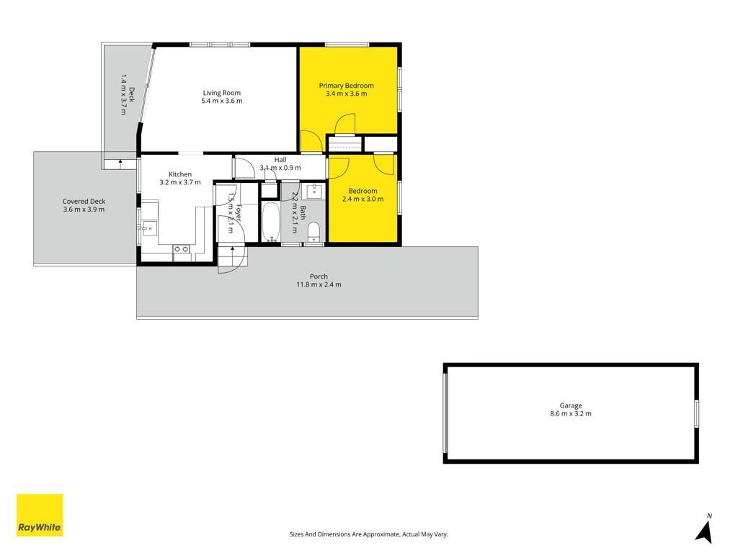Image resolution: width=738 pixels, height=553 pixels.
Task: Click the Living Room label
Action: (x=222, y=93)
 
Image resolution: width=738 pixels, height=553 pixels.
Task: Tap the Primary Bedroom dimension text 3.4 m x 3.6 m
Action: (x=347, y=94)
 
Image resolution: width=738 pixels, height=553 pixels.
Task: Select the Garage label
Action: (x=571, y=405)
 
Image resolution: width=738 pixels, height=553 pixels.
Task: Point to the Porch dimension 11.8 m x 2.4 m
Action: (x=319, y=284)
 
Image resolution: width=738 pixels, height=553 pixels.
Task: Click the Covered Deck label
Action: (x=84, y=202)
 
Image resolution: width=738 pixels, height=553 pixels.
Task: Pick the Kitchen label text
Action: (x=179, y=174)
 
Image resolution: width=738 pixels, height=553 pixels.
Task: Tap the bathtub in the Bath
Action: (x=271, y=222)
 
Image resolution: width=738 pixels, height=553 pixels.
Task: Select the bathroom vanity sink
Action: (x=314, y=192)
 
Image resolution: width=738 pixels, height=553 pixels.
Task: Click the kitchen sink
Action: (x=150, y=229)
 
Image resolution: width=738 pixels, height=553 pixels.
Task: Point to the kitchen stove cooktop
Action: (x=182, y=249)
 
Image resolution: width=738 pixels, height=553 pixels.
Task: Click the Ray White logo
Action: (x=40, y=515)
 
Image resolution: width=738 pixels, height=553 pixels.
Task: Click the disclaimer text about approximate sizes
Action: (x=368, y=534)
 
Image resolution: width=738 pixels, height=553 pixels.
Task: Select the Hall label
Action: (x=280, y=160)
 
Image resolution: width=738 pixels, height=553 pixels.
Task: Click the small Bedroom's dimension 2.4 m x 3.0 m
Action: (x=363, y=199)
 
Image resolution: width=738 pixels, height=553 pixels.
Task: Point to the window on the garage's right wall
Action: (x=697, y=414)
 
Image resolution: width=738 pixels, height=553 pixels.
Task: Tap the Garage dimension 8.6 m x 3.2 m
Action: (x=571, y=414)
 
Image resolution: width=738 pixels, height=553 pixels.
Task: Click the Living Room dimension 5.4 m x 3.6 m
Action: (x=222, y=101)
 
